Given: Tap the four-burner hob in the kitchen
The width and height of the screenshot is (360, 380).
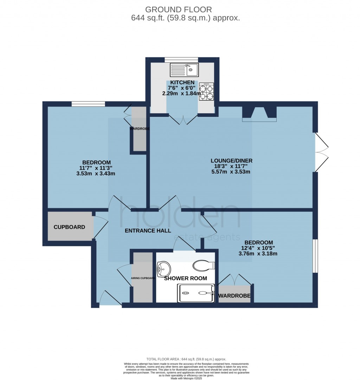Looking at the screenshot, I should click(x=206, y=92).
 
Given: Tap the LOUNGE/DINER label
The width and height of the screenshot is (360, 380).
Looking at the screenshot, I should click(x=231, y=161).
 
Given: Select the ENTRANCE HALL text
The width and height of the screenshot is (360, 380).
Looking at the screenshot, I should click(x=148, y=231).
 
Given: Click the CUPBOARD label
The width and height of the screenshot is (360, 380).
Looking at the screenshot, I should click(x=69, y=227).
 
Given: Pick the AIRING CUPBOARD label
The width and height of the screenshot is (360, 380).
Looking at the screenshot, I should click(x=143, y=278).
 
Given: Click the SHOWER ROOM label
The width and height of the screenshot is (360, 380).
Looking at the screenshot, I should click(x=185, y=278).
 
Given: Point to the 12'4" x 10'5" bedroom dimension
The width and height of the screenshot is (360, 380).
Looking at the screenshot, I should click(x=258, y=248).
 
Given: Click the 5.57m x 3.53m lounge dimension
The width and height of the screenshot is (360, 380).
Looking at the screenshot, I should click(x=231, y=172).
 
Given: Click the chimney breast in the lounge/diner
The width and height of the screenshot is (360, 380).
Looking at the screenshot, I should click(x=259, y=113).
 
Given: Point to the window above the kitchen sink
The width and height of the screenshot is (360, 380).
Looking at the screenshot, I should click(x=181, y=59).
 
